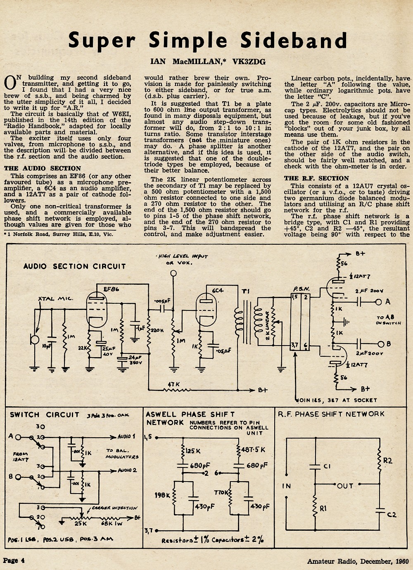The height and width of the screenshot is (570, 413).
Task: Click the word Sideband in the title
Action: pyautogui.click(x=294, y=40)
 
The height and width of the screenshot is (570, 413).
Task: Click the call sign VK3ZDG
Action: pyautogui.click(x=249, y=62)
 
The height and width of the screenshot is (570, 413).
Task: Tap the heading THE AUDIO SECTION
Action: pyautogui.click(x=43, y=168)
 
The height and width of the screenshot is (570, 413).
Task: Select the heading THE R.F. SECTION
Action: pyautogui.click(x=317, y=179)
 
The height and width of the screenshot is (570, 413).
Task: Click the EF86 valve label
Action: pyautogui.click(x=112, y=289)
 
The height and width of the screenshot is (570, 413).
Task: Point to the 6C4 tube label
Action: pyautogui.click(x=218, y=290)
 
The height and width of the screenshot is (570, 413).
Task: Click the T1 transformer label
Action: pyautogui.click(x=246, y=291)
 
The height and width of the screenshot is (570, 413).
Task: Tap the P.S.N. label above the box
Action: pyautogui.click(x=301, y=289)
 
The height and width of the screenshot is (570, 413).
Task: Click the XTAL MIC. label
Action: pyautogui.click(x=55, y=298)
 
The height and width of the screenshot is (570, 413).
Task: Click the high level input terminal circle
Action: pyautogui.click(x=173, y=273)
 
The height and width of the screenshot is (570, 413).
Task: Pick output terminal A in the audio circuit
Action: pyautogui.click(x=379, y=302)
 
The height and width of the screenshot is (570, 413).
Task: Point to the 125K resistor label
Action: pyautogui.click(x=193, y=451)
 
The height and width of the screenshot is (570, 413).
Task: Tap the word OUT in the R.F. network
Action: pyautogui.click(x=345, y=486)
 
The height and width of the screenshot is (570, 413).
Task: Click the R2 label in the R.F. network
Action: pyautogui.click(x=387, y=460)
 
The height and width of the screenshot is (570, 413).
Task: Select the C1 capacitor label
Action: pyautogui.click(x=327, y=466)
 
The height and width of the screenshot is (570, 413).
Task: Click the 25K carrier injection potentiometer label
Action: pyautogui.click(x=81, y=523)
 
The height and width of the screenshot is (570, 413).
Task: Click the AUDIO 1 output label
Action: pyautogui.click(x=126, y=436)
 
